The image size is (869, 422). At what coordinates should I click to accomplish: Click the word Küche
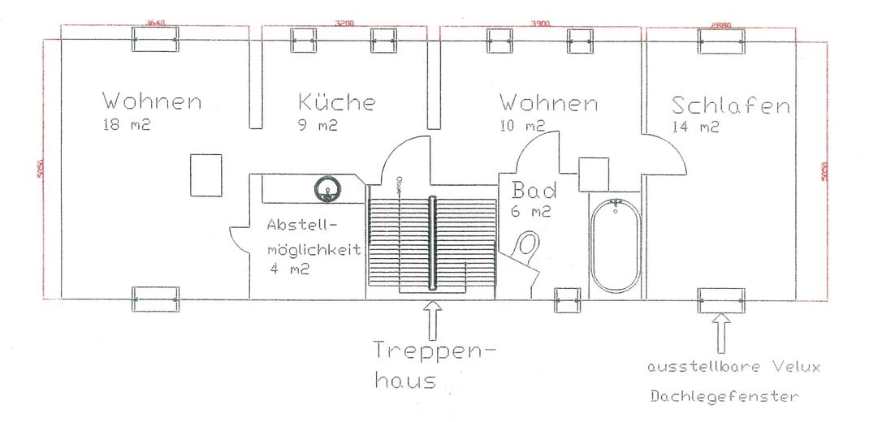(337, 103)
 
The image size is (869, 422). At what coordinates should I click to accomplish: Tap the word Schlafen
(731, 105)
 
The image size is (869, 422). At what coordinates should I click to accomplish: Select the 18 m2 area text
(127, 126)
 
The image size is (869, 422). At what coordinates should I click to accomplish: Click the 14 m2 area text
(695, 127)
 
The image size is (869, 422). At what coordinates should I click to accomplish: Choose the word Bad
(534, 192)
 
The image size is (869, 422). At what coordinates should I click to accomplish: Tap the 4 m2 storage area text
(290, 269)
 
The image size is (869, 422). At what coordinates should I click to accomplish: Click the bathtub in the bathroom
(615, 245)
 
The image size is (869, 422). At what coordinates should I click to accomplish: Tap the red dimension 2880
(720, 24)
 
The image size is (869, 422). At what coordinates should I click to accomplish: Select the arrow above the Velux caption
(720, 330)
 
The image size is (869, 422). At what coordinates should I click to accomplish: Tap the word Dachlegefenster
(724, 397)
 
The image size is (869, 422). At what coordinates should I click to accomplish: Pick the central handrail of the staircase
(433, 242)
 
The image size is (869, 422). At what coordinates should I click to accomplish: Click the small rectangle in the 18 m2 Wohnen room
(205, 174)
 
